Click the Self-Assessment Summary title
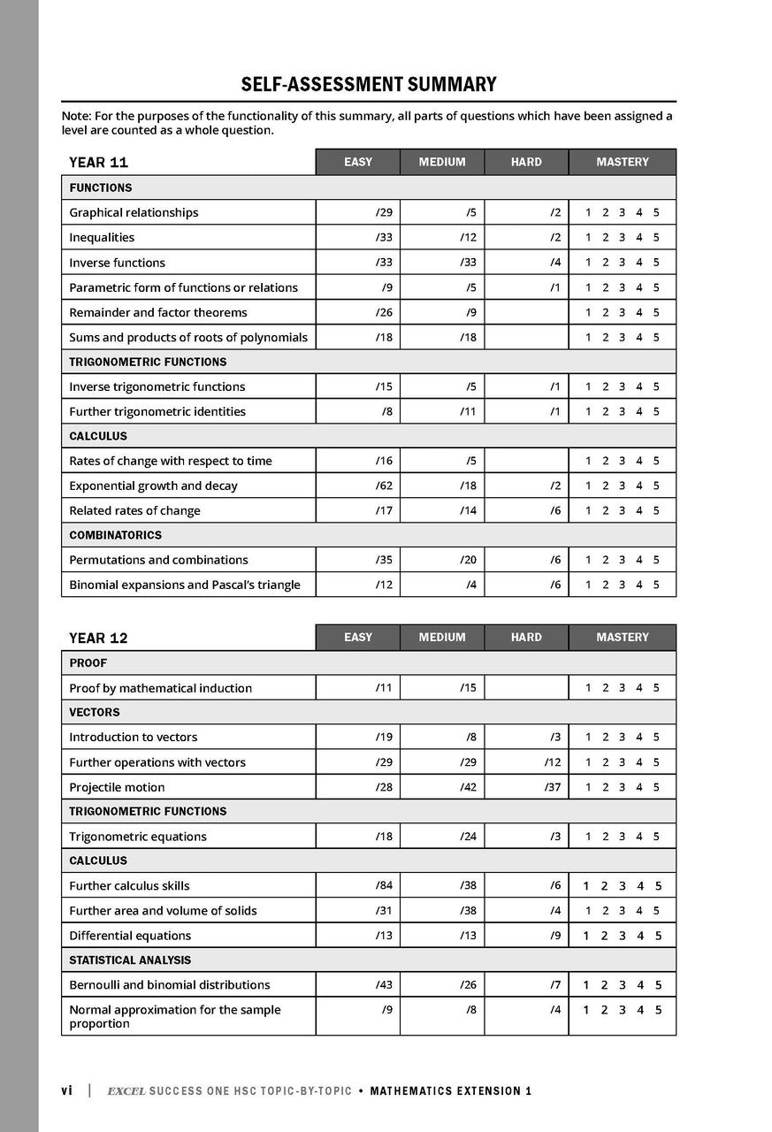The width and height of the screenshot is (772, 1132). [x=369, y=85]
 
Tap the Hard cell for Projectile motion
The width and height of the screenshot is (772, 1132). [x=552, y=787]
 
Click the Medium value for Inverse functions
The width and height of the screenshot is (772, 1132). [x=468, y=263]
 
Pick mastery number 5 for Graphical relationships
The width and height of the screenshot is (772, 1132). [x=655, y=213]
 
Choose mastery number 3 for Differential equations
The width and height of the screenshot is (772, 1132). [x=622, y=936]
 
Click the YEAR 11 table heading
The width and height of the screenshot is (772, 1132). [x=99, y=163]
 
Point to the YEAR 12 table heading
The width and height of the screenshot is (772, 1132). [x=99, y=638]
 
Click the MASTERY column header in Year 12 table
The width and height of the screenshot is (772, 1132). [x=622, y=637]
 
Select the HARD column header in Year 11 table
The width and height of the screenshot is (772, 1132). [x=526, y=162]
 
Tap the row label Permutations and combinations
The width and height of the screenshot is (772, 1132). [x=158, y=560]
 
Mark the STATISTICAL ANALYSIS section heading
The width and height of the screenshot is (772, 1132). [x=130, y=960]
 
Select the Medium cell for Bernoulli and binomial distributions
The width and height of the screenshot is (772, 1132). [x=468, y=984]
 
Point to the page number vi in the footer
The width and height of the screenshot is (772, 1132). [x=66, y=1090]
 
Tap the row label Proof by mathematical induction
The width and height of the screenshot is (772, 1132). [x=160, y=688]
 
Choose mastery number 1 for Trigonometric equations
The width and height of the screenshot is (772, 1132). [x=588, y=837]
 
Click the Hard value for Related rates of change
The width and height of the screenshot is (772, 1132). [x=554, y=510]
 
